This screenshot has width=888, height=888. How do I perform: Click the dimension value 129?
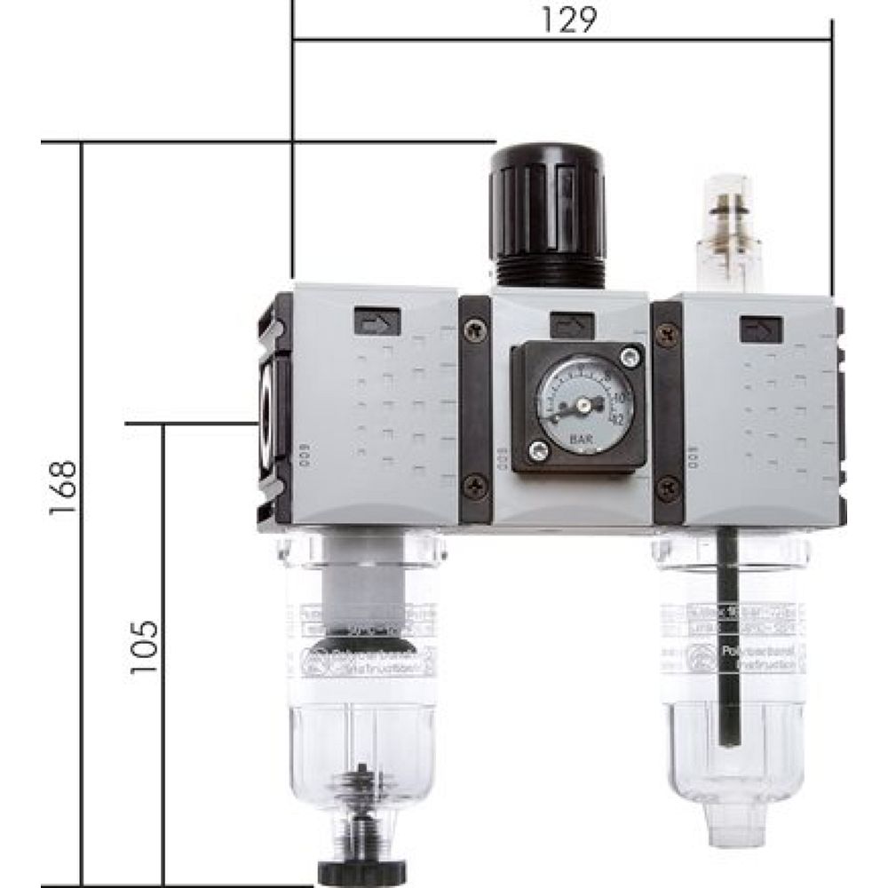(566, 20)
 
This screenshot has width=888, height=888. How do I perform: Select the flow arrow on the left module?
(377, 321)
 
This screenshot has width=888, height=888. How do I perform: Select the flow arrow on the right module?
(761, 330)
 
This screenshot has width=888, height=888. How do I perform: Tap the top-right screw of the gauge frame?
(631, 357)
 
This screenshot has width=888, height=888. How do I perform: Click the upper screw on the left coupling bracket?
(477, 329)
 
